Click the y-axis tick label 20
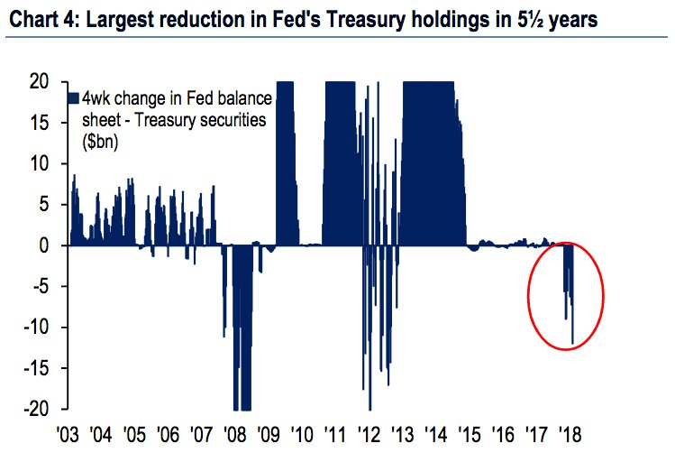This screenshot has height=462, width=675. coord(39,82)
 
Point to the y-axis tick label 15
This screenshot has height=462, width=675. coord(39,123)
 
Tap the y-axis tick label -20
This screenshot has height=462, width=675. coord(35,409)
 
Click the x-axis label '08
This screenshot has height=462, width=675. coord(234,434)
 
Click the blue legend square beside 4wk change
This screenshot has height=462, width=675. coord(72,97)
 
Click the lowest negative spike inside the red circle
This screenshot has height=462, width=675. coord(573,343)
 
